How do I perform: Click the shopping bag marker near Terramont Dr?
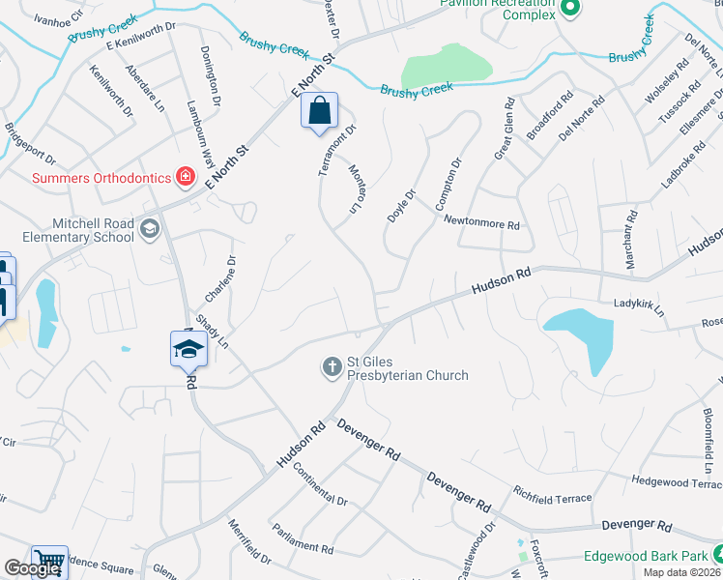tap(319, 111)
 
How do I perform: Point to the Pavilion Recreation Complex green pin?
tap(569, 9)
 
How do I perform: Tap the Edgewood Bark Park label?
tap(646, 557)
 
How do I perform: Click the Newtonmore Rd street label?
tap(482, 222)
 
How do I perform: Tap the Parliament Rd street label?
tap(302, 546)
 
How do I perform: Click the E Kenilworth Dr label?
tap(143, 38)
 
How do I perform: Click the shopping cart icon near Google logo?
tap(49, 561)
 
